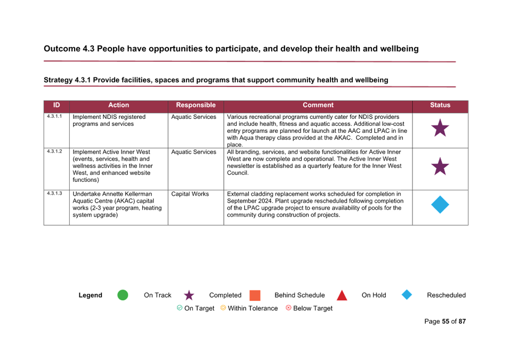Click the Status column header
point(440,105)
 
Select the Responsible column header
point(196,105)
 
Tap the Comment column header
point(318,105)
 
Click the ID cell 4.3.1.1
point(54,116)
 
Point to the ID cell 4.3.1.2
point(54,151)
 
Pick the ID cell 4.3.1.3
point(54,193)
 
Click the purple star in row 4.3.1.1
point(440,128)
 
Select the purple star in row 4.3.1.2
point(440,167)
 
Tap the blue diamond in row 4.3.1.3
point(440,205)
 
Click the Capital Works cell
point(190,194)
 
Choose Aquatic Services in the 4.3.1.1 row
point(193,117)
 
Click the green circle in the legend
point(123,295)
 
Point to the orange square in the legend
point(255,295)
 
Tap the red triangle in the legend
point(342,295)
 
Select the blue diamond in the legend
point(407,295)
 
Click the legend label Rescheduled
point(446,295)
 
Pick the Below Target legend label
point(313,308)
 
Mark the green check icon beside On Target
point(180,308)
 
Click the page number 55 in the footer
point(446,322)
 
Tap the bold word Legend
point(90,295)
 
